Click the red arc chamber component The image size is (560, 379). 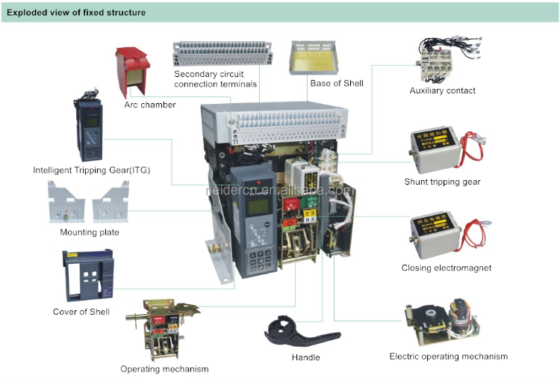tap(134, 71)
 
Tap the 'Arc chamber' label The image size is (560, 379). tap(150, 105)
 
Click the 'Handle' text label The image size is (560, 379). tap(305, 357)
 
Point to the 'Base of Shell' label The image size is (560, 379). tap(337, 83)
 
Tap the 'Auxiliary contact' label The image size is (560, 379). tap(442, 90)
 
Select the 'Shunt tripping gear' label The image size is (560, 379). tap(442, 182)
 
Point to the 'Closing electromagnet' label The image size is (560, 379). tap(447, 268)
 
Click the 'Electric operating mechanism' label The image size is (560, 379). tap(448, 357)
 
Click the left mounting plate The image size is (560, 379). tap(67, 202)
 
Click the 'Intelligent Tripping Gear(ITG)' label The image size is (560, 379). tap(92, 170)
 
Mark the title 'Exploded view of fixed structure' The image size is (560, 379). tap(76, 13)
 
